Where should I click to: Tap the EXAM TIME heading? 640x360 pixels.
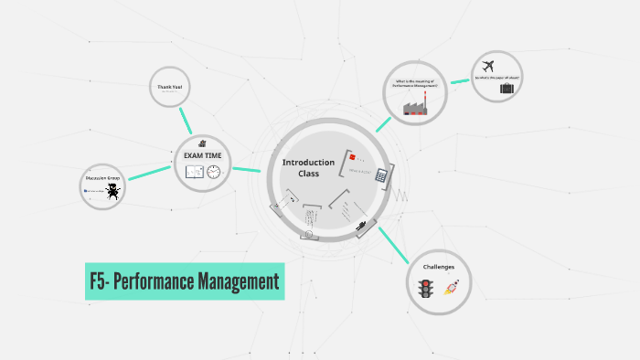[x=202, y=155]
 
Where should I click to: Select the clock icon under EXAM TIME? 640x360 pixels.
[x=214, y=171]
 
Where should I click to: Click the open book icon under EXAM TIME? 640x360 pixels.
[x=194, y=171]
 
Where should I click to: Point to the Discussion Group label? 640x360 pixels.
[x=102, y=178]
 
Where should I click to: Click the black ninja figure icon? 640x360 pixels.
[x=112, y=191]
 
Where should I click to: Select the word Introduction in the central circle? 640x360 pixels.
[x=308, y=162]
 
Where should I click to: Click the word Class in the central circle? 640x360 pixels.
[x=308, y=174]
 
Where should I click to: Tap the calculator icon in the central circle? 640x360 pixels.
[x=381, y=175]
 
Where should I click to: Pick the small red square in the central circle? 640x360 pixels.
[x=349, y=157]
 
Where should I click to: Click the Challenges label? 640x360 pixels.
[x=438, y=267]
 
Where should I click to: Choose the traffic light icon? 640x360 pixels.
[x=424, y=289]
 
